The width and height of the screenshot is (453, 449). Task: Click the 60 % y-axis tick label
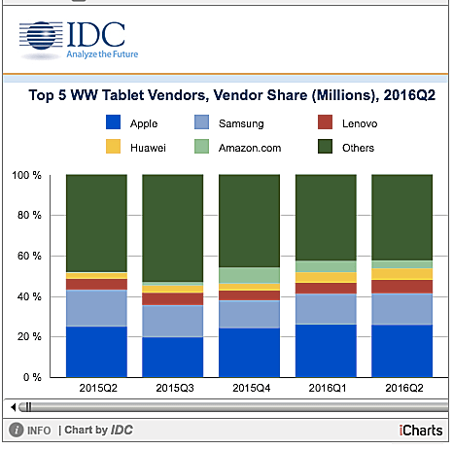point(29,257)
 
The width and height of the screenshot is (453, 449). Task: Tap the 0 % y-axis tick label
point(32,377)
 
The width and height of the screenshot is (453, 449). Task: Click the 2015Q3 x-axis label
point(172,388)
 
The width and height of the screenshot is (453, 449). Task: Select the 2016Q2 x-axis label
point(401,388)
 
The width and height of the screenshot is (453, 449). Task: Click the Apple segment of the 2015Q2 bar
point(95,351)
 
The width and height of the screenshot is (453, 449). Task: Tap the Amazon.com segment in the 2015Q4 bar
point(248,275)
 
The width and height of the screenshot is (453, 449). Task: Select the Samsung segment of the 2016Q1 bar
point(325,308)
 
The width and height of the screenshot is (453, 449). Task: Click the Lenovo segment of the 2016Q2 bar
point(401,287)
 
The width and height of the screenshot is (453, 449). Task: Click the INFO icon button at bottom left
point(17,430)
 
